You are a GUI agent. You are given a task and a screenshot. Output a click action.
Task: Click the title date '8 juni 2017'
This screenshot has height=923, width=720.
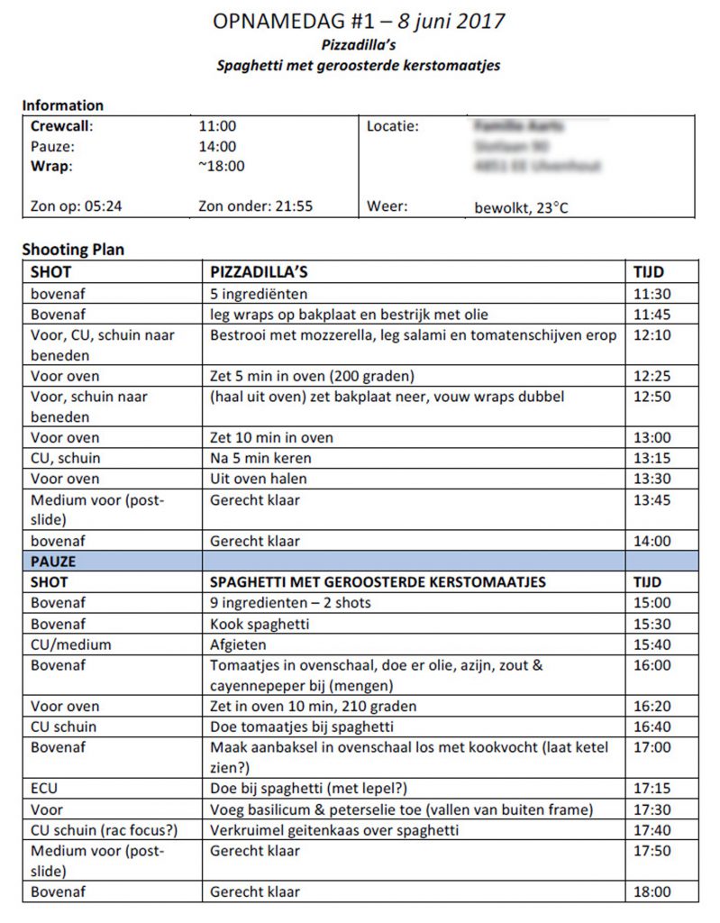(440, 19)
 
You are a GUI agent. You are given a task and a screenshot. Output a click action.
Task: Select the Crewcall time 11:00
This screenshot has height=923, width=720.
(217, 126)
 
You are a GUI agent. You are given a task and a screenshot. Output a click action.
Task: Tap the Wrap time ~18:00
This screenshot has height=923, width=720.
(221, 166)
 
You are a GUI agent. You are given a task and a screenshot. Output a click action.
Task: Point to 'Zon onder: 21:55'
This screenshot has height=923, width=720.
(255, 206)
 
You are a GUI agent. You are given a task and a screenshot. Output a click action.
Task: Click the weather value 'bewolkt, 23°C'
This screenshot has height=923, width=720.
(523, 207)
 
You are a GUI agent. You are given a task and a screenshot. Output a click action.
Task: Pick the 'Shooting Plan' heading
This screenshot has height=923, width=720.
(73, 250)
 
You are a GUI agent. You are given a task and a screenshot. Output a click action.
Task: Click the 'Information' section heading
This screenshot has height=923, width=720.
(63, 105)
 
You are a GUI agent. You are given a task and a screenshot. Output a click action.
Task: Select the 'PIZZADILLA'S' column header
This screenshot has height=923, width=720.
(259, 271)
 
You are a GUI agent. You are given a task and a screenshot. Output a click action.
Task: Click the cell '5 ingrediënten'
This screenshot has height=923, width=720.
(259, 294)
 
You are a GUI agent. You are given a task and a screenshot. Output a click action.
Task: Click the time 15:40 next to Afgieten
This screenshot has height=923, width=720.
(652, 644)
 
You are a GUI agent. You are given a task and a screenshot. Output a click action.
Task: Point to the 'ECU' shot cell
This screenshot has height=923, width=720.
(45, 788)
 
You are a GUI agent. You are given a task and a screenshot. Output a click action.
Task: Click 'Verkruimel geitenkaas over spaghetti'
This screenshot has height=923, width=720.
(333, 830)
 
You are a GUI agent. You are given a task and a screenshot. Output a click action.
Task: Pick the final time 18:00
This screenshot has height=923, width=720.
(652, 892)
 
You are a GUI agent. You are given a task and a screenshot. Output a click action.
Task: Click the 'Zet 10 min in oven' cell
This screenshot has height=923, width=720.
(271, 437)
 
